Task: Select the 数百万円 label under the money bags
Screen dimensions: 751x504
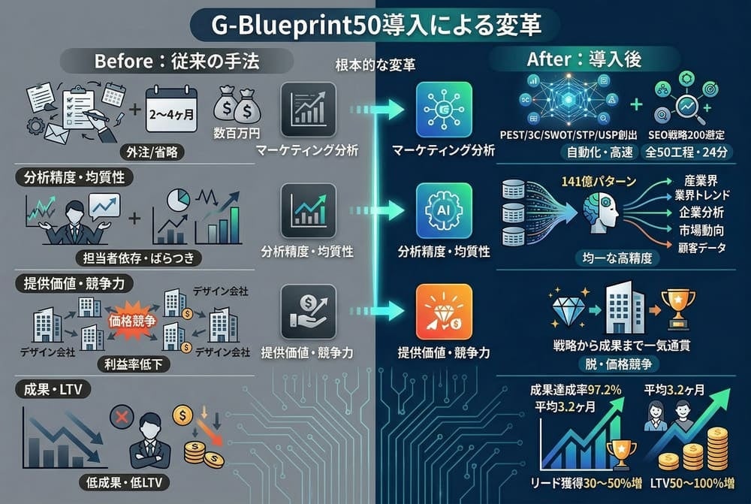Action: [237, 133]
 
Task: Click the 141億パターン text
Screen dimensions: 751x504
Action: [599, 181]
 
